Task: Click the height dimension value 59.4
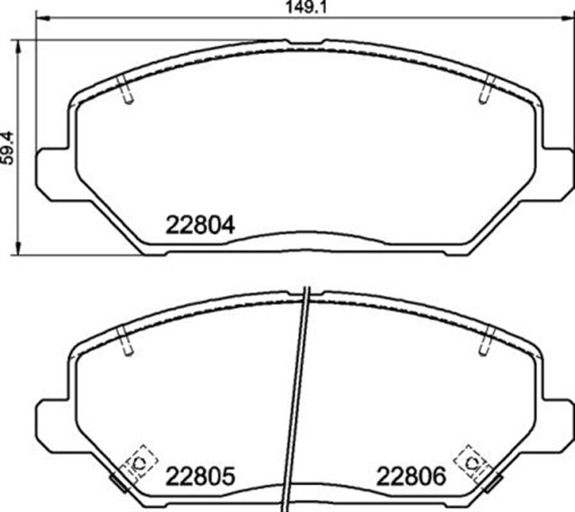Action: click(8, 144)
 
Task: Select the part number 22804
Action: click(200, 225)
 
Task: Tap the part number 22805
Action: click(200, 475)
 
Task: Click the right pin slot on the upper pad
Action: click(487, 90)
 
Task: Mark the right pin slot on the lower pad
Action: click(487, 340)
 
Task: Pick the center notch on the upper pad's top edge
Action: click(305, 41)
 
